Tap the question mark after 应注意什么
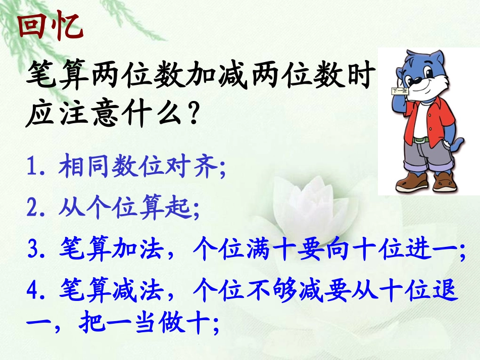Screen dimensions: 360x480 point(188,117)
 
